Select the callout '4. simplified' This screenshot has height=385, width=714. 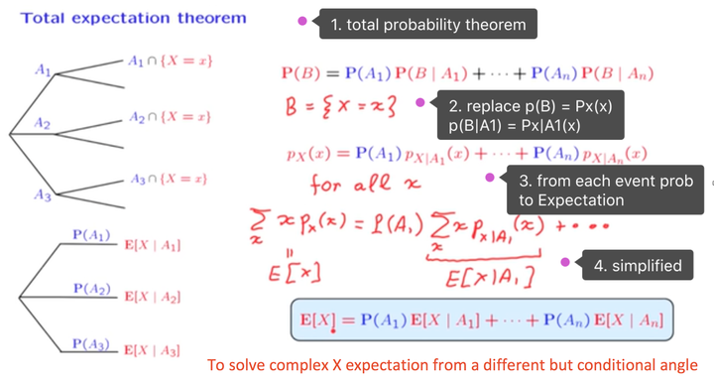pyautogui.click(x=636, y=265)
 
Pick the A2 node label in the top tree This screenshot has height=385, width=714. pyautogui.click(x=42, y=124)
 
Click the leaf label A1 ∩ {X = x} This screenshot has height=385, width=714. pyautogui.click(x=170, y=61)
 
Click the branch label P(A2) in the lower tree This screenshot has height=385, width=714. pyautogui.click(x=92, y=288)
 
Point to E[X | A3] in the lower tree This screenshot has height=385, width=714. pyautogui.click(x=151, y=351)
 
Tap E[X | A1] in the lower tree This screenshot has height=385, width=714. pyautogui.click(x=151, y=244)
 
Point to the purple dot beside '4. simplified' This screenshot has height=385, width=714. pyautogui.click(x=566, y=263)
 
